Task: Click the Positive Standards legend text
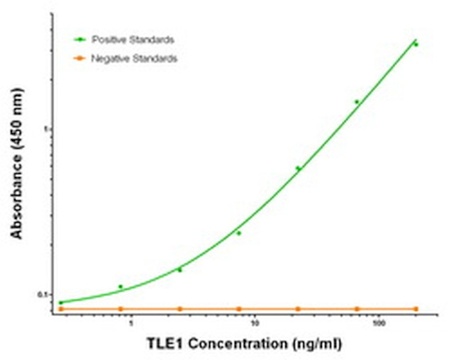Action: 133,40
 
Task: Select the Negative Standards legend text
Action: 134,59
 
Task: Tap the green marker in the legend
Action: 82,40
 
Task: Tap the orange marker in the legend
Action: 82,59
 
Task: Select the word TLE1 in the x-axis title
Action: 164,344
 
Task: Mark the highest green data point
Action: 416,45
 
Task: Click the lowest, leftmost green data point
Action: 61,303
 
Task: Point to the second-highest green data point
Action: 357,102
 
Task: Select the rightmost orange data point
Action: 416,309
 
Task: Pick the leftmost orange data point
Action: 61,309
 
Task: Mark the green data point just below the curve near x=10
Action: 239,233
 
